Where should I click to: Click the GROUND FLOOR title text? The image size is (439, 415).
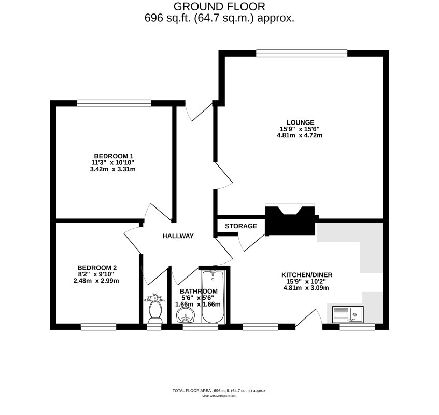pos(219,7)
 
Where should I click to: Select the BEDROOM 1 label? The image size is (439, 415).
pos(113,156)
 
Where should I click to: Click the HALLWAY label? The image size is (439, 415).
pos(178,236)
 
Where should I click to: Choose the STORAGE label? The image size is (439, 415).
pos(240,226)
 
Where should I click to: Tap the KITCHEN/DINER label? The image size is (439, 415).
pos(306,274)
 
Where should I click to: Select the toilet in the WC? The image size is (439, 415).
pos(154,311)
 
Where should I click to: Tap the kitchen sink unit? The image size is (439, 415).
pos(348,314)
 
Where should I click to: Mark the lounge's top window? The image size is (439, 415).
pos(302,52)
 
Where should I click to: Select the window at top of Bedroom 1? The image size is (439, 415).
pos(114,103)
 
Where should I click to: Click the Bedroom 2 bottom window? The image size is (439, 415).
pos(98,327)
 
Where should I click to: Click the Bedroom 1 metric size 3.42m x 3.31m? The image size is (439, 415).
pos(113,170)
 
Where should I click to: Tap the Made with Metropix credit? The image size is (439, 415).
pos(219,396)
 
